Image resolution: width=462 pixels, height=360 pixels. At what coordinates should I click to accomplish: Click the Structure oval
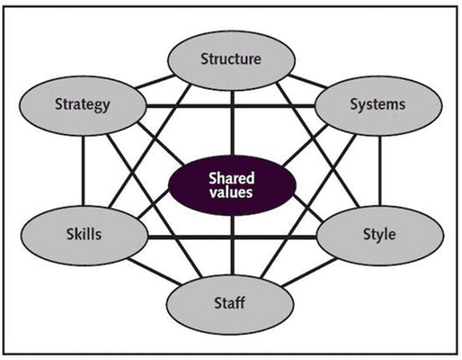(x=231, y=59)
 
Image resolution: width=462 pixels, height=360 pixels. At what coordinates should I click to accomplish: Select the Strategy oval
(x=83, y=105)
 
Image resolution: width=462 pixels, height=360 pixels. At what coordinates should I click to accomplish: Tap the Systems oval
(x=378, y=105)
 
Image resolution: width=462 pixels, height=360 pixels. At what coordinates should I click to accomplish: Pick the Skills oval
(x=83, y=233)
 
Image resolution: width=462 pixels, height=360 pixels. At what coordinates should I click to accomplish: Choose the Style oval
(x=379, y=234)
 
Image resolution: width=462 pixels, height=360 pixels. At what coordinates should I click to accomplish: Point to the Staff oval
(x=230, y=305)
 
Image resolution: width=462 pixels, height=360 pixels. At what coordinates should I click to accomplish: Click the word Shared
(x=231, y=178)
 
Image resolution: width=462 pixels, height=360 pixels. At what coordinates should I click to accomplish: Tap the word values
(x=231, y=192)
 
